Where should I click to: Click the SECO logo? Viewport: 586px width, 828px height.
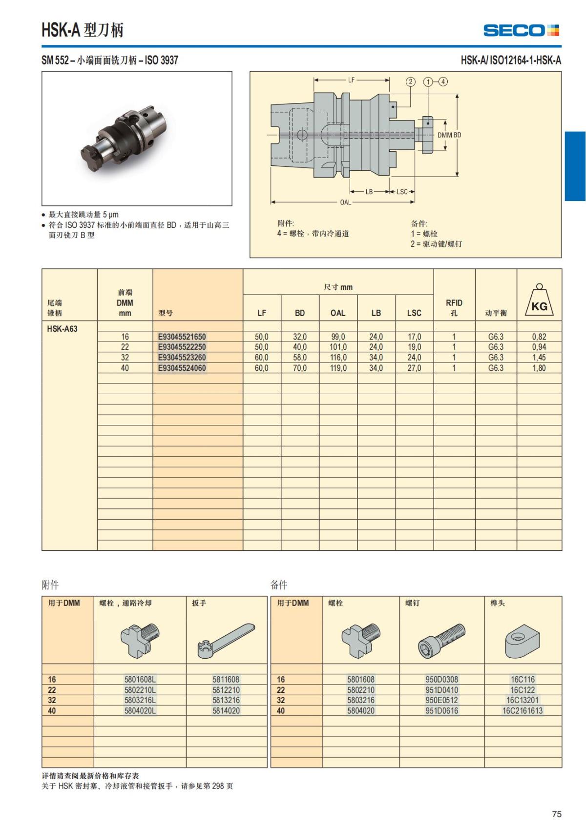click(x=521, y=30)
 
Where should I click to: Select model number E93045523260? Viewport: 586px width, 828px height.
click(x=182, y=358)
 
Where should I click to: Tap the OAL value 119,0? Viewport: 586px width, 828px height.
click(x=338, y=368)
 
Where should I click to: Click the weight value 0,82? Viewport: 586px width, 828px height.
click(x=539, y=337)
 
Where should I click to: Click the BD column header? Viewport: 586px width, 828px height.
click(x=300, y=313)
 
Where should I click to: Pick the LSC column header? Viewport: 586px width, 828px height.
click(x=414, y=313)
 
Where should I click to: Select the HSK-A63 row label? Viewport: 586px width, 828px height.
click(x=62, y=329)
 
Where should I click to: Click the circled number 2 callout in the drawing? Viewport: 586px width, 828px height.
click(x=411, y=81)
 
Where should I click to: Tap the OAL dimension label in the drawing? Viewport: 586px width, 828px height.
click(x=345, y=202)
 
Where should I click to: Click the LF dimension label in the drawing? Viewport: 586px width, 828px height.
click(x=351, y=80)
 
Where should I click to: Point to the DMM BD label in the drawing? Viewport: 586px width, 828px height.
click(x=449, y=135)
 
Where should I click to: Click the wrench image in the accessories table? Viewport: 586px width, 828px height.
click(x=226, y=639)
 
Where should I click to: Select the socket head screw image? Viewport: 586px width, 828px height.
click(x=441, y=639)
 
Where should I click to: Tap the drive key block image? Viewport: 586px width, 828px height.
click(x=523, y=640)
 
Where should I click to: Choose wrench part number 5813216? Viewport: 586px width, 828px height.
click(x=226, y=700)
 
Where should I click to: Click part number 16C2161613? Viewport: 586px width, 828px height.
click(x=523, y=711)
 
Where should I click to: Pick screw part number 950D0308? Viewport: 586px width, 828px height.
click(x=441, y=679)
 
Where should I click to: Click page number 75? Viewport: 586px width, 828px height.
click(x=557, y=814)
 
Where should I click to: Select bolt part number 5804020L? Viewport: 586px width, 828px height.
click(x=140, y=711)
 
